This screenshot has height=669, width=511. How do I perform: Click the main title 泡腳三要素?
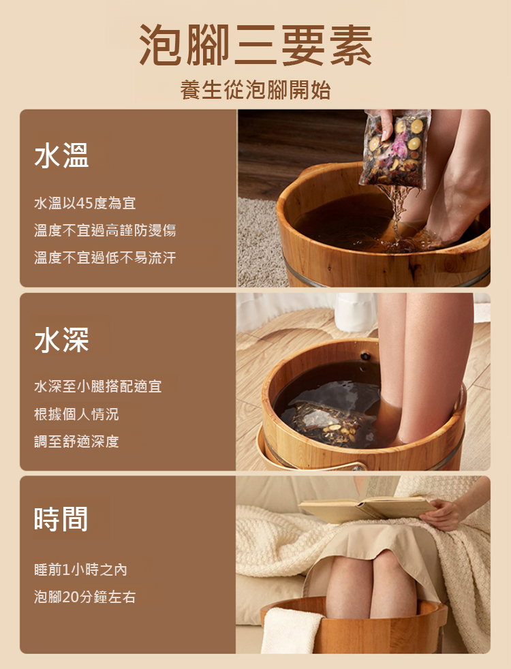pos(255,44)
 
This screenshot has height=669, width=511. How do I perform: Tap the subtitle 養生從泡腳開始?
pos(255,90)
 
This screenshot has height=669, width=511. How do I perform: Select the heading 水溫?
pos(61,155)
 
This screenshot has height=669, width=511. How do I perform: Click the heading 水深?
pos(61,340)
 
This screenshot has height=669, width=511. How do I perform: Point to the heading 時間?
pos(61,518)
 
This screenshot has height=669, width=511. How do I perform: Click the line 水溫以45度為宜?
pos(85,203)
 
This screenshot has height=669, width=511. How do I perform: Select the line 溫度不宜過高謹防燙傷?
pos(105,230)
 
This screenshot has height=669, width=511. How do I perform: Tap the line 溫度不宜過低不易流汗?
pos(105,258)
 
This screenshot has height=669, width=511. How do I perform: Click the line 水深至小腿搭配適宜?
pos(98,386)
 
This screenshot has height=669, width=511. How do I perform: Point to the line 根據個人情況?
pos(76,414)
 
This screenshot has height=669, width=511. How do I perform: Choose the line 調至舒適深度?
pos(76,441)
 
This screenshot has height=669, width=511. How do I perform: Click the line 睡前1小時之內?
pos(80,570)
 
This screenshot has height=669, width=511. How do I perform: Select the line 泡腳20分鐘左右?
pos(85,597)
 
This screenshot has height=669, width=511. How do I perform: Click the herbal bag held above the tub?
pos(394,149)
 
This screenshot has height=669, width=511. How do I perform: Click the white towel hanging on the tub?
pos(291,631)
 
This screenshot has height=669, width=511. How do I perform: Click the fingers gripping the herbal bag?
pos(387,125)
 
